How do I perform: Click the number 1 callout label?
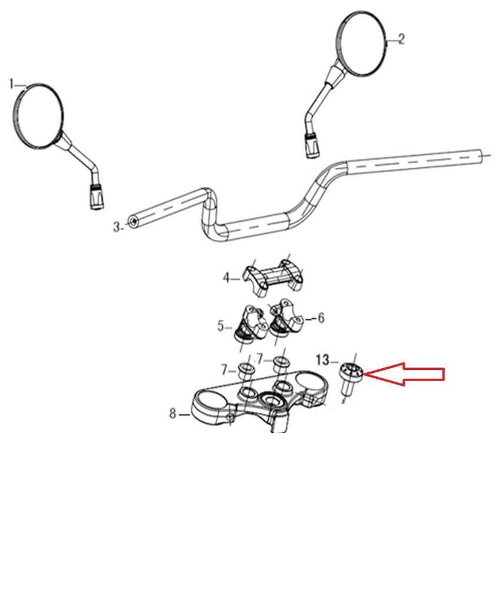(x=12, y=84)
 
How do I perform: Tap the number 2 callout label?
(x=401, y=39)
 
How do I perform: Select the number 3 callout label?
(x=117, y=227)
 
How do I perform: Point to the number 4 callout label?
(x=226, y=278)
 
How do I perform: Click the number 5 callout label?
(x=221, y=326)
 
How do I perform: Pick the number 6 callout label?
(x=321, y=319)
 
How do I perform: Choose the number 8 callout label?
(x=173, y=414)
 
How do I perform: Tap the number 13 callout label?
(x=322, y=360)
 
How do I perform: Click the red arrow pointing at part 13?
(x=404, y=374)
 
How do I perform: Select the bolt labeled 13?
(x=349, y=378)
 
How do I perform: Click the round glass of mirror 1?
(x=38, y=115)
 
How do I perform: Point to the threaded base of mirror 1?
(x=97, y=196)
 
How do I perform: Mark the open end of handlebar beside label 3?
(x=133, y=222)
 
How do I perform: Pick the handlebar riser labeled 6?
(x=286, y=320)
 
